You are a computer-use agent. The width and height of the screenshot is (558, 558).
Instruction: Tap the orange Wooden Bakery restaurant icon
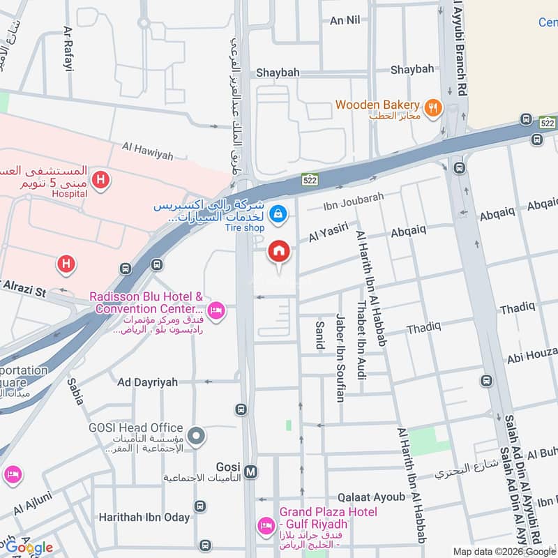pos(434,107)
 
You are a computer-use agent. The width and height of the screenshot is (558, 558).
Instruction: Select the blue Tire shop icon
pos(278,213)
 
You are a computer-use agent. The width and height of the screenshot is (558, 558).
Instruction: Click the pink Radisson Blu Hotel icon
pos(216,310)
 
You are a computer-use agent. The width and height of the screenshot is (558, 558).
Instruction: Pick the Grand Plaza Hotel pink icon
pos(265,525)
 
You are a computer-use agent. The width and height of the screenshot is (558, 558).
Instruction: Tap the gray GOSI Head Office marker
pos(197,437)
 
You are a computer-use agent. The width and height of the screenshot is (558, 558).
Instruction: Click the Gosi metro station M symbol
pos(251,472)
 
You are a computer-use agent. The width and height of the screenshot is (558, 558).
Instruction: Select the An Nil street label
pos(345,20)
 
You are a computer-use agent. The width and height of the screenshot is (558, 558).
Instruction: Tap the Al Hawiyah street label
pos(146,150)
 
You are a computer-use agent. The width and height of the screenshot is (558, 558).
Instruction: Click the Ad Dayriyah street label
pos(147,382)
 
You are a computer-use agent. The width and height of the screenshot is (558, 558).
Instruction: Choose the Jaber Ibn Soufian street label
pos(340,357)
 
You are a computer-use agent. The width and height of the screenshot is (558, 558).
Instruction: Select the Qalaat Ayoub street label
pos(371,497)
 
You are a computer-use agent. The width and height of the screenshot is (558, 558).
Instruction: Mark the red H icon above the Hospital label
pos(101,181)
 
